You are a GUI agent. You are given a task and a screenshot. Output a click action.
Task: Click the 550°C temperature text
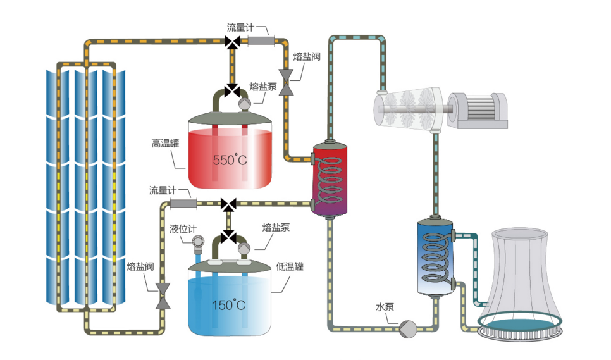[x=229, y=160]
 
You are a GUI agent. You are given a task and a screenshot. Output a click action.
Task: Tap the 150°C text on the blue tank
[x=229, y=305]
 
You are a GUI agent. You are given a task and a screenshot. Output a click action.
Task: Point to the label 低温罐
[x=290, y=266]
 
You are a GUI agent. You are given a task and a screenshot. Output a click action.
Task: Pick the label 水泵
[x=385, y=308]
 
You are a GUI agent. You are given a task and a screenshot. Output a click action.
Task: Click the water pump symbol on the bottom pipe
[x=407, y=327]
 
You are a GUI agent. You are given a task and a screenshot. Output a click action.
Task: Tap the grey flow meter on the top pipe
[x=260, y=42]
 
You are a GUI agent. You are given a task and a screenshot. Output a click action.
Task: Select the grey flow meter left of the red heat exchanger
[x=183, y=204]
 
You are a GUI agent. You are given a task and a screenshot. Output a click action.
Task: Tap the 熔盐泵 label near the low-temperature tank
[x=276, y=227]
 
